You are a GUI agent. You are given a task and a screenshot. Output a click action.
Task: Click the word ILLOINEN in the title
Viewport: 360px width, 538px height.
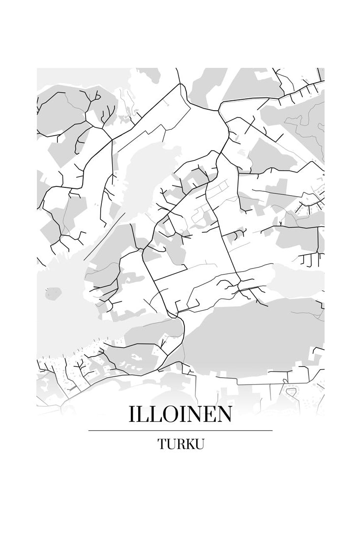[180, 415]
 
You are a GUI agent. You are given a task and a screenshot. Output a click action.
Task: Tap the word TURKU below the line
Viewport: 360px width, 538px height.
[180, 444]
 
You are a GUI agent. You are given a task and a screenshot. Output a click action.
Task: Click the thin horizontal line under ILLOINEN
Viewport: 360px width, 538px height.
[180, 430]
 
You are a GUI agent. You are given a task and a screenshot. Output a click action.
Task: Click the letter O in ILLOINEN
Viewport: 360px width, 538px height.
[172, 415]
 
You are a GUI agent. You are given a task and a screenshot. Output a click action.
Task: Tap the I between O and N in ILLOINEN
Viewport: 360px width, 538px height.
[185, 415]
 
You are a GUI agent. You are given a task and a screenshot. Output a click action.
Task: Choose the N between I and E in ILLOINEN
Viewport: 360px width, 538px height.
[197, 415]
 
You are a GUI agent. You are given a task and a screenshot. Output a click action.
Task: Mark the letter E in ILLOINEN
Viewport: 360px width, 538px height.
[211, 415]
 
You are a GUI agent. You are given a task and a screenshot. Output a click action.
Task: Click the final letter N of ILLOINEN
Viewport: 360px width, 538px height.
[225, 415]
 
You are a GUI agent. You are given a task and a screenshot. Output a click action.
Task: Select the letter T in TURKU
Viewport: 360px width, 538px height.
[162, 444]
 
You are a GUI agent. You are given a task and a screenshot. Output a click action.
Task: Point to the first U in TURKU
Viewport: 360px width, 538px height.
[171, 444]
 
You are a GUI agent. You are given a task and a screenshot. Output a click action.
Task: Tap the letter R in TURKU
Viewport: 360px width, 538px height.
[180, 444]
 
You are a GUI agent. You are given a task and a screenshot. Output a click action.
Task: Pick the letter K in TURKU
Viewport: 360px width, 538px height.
[190, 444]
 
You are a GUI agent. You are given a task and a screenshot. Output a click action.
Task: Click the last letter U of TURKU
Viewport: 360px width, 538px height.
[199, 444]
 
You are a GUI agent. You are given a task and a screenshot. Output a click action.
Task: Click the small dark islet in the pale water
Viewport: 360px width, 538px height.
[51, 294]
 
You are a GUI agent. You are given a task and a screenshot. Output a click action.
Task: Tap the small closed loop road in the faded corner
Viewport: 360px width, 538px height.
[291, 392]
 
